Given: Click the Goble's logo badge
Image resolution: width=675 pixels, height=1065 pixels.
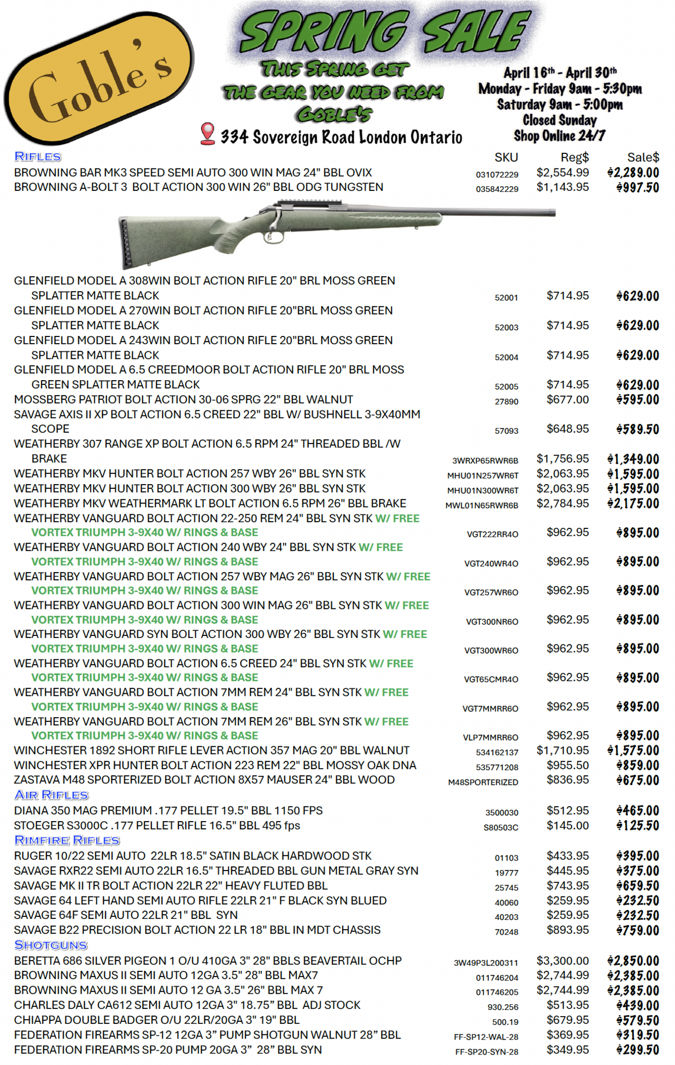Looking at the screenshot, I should click(x=99, y=78).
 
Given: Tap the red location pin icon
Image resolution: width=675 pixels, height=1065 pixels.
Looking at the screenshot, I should click(x=207, y=133).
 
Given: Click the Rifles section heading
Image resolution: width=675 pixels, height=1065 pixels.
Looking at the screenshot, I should click(x=38, y=157).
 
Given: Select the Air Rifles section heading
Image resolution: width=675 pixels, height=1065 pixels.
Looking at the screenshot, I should click(x=51, y=795).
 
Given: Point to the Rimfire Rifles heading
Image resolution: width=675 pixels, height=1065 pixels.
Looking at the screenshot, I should click(x=67, y=840).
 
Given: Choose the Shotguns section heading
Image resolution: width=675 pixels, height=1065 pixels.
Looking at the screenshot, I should click(x=51, y=945).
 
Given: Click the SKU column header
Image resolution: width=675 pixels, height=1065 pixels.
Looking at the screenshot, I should click(x=506, y=158).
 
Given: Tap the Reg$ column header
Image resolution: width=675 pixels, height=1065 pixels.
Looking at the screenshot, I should click(x=574, y=158).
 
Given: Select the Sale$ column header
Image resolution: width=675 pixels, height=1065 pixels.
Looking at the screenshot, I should click(x=643, y=158).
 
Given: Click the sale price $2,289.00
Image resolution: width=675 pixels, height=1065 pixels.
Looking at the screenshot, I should click(x=633, y=173).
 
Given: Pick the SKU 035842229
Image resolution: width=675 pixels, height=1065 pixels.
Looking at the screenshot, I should click(x=497, y=189).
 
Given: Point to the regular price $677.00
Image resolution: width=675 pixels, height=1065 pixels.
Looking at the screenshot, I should click(x=567, y=399).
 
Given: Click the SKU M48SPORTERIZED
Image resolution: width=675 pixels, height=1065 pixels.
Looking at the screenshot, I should click(x=483, y=782).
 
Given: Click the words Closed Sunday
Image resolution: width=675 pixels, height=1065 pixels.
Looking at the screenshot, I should click(x=560, y=120).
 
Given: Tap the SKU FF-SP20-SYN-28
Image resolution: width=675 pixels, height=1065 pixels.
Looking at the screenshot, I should click(x=487, y=1051).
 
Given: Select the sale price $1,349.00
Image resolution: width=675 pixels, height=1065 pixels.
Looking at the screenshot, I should click(x=633, y=459).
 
